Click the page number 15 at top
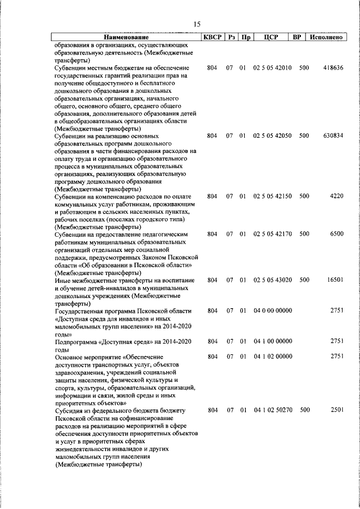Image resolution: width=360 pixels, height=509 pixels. coord(196,24)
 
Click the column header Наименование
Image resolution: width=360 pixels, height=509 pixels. coord(128,37)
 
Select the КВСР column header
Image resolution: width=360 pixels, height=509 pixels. coord(211,37)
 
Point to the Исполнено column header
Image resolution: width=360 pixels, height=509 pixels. coord(326,37)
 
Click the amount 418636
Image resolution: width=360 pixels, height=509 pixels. coord(333,67)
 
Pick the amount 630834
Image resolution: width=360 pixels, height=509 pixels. coord(333,136)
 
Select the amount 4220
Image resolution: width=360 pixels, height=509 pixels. coord(336,196)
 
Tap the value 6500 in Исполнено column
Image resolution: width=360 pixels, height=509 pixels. coord(336,233)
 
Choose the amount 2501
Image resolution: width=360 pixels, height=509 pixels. coord(336,410)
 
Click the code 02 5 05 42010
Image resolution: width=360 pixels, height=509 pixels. coord(272,67)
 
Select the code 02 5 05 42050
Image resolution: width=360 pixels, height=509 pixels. coord(272,136)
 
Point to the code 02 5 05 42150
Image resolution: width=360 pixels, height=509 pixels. coord(272,196)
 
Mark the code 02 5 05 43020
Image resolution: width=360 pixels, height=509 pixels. coord(272,280)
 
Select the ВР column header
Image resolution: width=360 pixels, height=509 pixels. coord(297,37)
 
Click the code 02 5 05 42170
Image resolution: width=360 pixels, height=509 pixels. coord(272,233)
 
